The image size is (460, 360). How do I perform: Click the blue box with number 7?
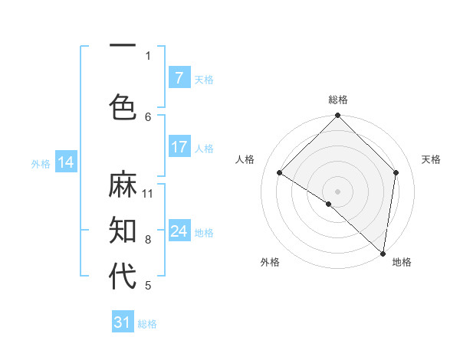[179, 78]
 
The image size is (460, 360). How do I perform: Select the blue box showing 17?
[179, 147]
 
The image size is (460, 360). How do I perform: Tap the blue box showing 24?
[179, 231]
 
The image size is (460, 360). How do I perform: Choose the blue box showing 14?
[66, 162]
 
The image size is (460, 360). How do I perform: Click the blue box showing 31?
[123, 322]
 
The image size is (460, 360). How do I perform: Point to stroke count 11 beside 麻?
[148, 193]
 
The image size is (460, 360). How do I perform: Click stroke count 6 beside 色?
[148, 116]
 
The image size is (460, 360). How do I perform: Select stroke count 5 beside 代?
[148, 286]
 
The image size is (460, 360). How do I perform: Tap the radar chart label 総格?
[338, 100]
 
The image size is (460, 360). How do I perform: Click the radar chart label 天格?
[432, 159]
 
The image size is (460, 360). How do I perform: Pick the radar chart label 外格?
[270, 262]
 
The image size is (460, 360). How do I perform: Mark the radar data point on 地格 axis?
[383, 254]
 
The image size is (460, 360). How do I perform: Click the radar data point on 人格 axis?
[280, 172]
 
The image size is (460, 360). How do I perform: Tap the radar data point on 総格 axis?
[338, 116]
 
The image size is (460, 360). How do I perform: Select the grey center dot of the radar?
[338, 191]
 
